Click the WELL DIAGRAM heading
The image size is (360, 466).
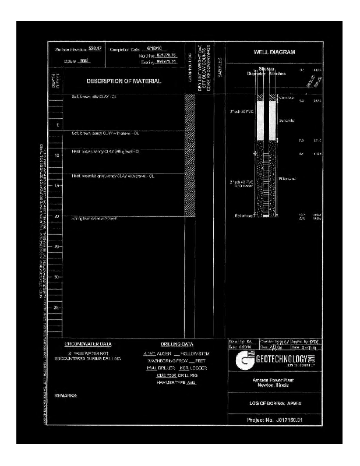(x=274, y=52)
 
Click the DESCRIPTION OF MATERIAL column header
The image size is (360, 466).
(x=124, y=81)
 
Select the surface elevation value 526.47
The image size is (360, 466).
(x=95, y=48)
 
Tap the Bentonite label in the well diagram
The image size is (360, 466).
(x=287, y=121)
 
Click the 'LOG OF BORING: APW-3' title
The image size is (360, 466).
(x=274, y=403)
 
